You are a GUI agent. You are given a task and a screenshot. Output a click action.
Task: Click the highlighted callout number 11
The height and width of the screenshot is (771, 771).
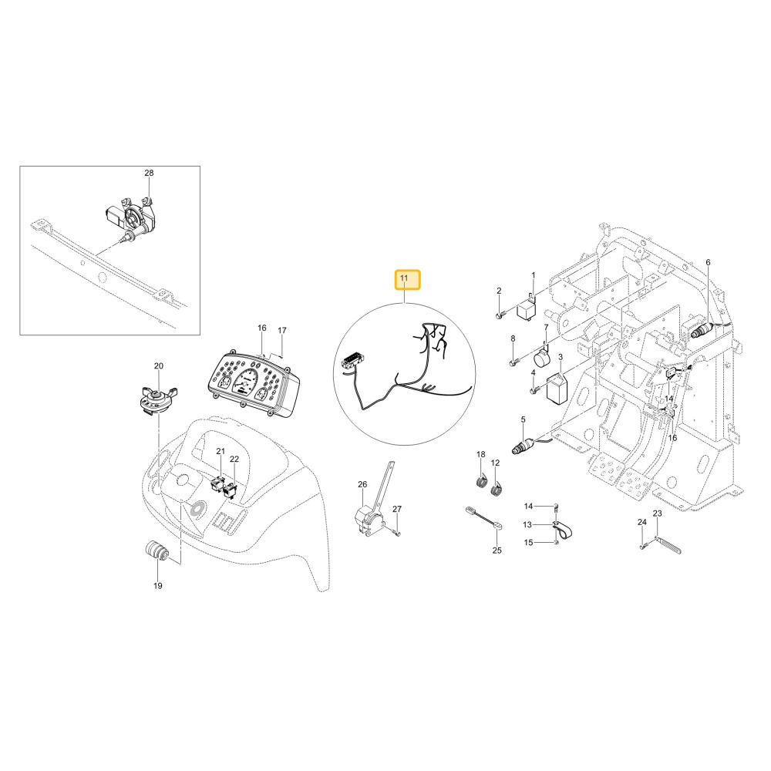(x=404, y=278)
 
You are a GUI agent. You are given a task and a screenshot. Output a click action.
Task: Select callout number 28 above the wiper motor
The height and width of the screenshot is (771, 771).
(x=149, y=173)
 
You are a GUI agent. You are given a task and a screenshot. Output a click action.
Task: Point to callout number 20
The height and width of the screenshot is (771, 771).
(x=158, y=365)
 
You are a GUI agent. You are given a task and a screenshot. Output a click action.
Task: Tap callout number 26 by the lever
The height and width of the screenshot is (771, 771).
(x=362, y=484)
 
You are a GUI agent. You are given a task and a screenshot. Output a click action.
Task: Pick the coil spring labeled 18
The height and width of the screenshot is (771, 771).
(x=482, y=480)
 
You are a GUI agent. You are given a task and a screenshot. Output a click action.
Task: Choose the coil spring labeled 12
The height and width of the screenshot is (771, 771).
(x=497, y=488)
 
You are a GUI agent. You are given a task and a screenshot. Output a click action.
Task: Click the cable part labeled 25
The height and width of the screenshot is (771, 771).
(x=484, y=519)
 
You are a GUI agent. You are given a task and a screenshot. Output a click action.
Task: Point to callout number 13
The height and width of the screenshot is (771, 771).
(x=527, y=524)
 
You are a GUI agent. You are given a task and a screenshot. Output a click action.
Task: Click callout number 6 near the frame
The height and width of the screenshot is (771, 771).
(x=708, y=263)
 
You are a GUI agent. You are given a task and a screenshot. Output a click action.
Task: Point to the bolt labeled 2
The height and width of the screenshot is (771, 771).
(x=500, y=315)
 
